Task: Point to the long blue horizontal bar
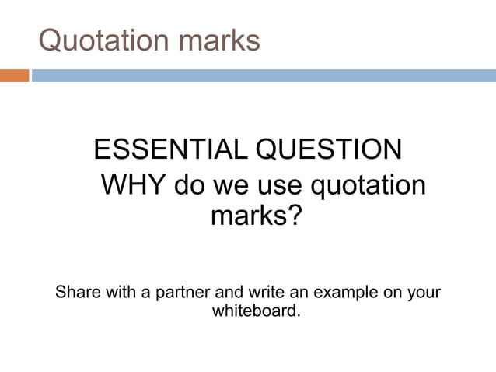[x=263, y=75]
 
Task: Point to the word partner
[x=175, y=293]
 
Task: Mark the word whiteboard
[x=254, y=312]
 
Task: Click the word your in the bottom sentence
[x=424, y=293]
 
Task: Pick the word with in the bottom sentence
[x=118, y=293]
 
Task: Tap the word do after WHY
[x=189, y=186]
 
